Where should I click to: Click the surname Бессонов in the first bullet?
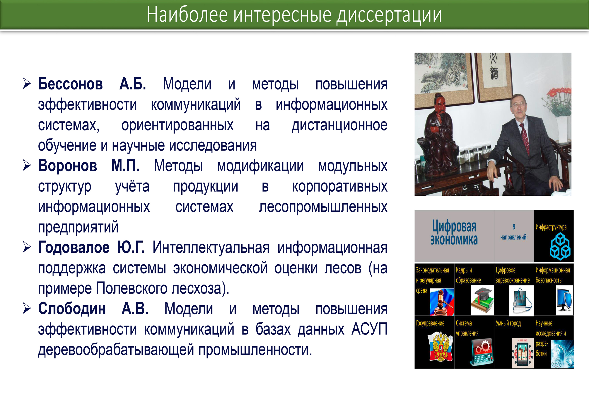[70, 84]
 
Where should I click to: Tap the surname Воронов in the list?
[68, 166]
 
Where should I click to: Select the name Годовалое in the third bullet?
[74, 247]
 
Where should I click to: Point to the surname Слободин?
[72, 309]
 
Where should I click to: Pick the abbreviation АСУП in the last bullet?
[369, 329]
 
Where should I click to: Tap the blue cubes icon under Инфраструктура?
[560, 246]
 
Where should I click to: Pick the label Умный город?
[508, 323]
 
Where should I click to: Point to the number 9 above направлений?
[514, 226]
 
